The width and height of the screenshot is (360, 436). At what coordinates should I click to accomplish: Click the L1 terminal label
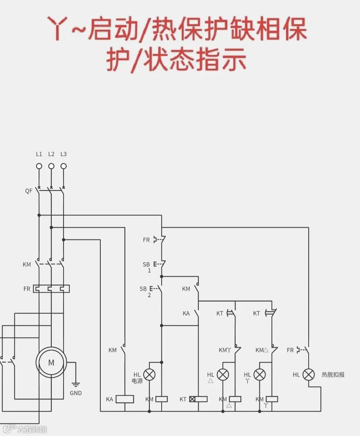pyautogui.click(x=39, y=154)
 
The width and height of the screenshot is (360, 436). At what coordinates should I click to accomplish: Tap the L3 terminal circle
pyautogui.click(x=64, y=166)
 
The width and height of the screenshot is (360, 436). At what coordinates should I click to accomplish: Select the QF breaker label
pyautogui.click(x=29, y=191)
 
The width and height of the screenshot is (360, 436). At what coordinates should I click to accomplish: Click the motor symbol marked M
pyautogui.click(x=51, y=362)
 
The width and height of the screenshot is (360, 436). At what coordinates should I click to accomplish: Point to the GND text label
pyautogui.click(x=76, y=393)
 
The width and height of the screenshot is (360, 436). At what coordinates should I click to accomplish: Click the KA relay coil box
pyautogui.click(x=125, y=399)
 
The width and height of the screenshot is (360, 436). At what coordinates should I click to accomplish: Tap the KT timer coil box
pyautogui.click(x=198, y=399)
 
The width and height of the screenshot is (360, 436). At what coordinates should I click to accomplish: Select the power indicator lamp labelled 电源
pyautogui.click(x=149, y=375)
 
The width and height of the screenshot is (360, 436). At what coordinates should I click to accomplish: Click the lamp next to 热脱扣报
pyautogui.click(x=309, y=375)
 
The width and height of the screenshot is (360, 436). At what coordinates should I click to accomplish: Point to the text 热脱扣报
pyautogui.click(x=333, y=375)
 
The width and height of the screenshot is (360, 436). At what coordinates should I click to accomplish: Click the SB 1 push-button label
pyautogui.click(x=147, y=267)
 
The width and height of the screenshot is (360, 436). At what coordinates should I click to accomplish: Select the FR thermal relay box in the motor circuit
pyautogui.click(x=51, y=289)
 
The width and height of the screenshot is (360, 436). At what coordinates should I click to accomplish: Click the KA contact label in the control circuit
pyautogui.click(x=186, y=314)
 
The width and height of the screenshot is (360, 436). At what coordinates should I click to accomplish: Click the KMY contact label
pyautogui.click(x=224, y=350)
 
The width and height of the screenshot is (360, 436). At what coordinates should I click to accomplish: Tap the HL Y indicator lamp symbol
pyautogui.click(x=260, y=375)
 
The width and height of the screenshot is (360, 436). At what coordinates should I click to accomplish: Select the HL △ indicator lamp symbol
pyautogui.click(x=223, y=375)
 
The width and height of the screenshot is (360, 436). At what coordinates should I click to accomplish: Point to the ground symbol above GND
pyautogui.click(x=76, y=385)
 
